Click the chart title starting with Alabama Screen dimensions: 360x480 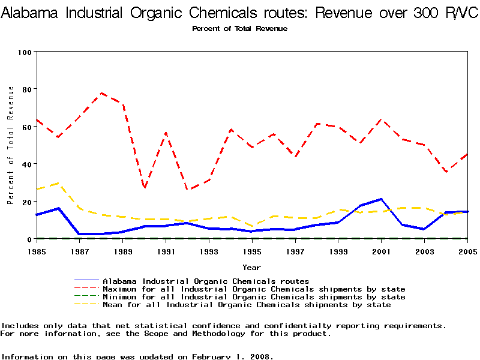pyautogui.click(x=239, y=13)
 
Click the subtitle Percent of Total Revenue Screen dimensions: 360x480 pyautogui.click(x=239, y=29)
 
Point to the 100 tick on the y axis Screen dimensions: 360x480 pyautogui.click(x=25, y=52)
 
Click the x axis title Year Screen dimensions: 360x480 pyautogui.click(x=252, y=267)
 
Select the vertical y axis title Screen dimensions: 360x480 pyautogui.click(x=11, y=145)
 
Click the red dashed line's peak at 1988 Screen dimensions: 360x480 pyautogui.click(x=102, y=93)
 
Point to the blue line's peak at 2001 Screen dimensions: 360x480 pyautogui.click(x=382, y=199)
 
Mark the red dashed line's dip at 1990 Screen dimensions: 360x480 pyautogui.click(x=145, y=188)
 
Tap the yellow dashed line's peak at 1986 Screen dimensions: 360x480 pyautogui.click(x=59, y=182)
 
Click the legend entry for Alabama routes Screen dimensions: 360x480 pyautogui.click(x=206, y=281)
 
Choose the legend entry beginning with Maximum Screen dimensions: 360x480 pyautogui.click(x=254, y=289)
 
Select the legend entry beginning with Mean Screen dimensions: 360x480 pyautogui.click(x=247, y=305)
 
